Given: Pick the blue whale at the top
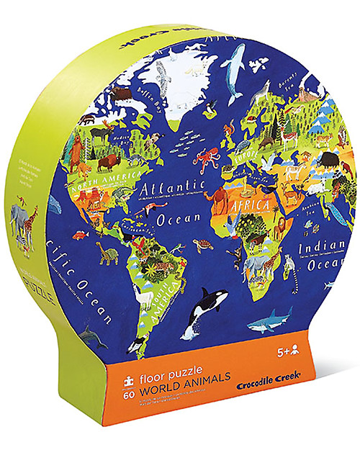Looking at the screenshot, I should click(233, 71).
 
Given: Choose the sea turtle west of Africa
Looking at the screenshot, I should click(204, 244).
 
